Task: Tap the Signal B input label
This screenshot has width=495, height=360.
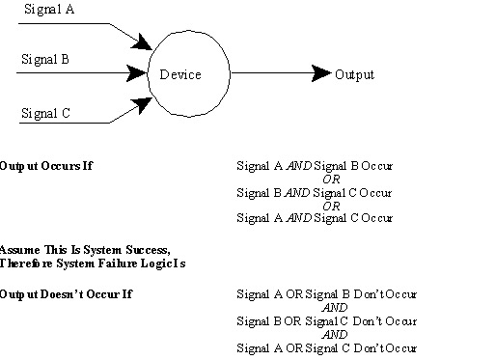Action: click(45, 59)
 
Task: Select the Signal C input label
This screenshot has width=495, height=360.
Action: click(45, 113)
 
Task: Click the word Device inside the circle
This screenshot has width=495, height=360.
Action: click(179, 74)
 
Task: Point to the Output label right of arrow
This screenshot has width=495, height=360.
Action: click(354, 74)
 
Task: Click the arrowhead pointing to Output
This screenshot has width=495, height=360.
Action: click(322, 73)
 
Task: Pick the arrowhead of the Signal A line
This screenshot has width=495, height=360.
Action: click(145, 44)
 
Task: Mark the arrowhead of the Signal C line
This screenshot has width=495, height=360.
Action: click(145, 99)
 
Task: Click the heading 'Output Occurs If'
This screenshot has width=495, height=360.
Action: click(46, 166)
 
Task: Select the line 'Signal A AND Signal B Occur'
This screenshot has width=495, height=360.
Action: click(315, 166)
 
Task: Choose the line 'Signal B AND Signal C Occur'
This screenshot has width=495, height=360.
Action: click(315, 191)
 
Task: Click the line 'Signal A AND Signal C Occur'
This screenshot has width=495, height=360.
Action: click(315, 217)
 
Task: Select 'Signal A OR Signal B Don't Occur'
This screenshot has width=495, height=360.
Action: click(326, 293)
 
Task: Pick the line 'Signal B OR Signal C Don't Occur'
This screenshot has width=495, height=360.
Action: click(326, 319)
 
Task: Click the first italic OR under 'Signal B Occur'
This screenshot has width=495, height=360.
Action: click(331, 179)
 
